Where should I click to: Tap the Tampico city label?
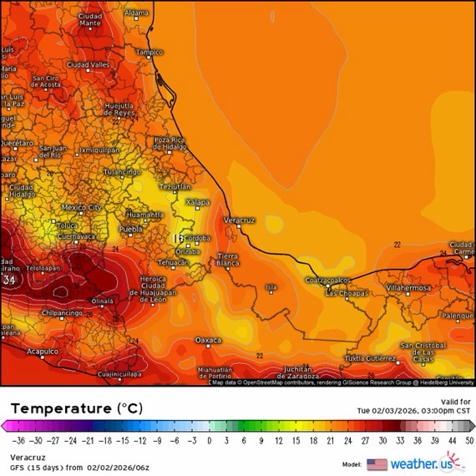pos(149,52)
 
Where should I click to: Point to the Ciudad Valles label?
pos(89,64)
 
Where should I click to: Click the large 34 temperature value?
pos(10,281)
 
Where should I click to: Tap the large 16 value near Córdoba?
pos(178,238)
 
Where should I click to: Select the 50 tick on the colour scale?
pos(469,439)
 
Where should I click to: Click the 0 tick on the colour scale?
pos(209,439)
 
